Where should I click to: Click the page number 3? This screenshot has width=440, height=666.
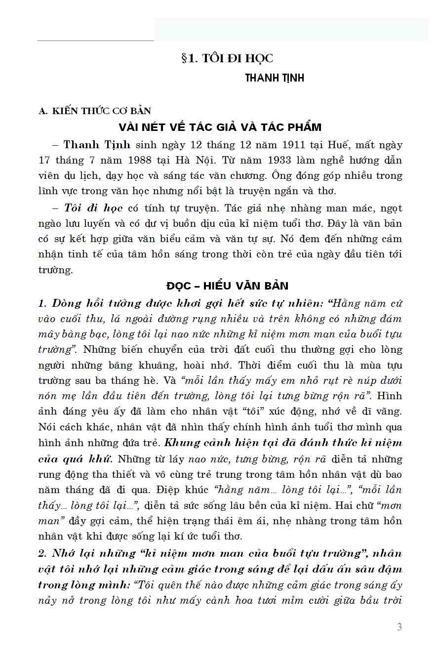(399, 627)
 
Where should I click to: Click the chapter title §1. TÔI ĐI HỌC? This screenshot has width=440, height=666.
(227, 58)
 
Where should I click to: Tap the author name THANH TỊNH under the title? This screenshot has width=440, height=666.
(275, 78)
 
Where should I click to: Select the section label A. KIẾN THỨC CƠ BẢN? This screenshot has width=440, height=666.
(95, 111)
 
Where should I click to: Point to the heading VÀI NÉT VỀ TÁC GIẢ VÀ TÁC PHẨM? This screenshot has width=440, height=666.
(220, 127)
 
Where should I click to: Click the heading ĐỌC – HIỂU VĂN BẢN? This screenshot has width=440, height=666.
(227, 286)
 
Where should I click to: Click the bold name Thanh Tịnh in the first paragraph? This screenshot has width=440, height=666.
(97, 145)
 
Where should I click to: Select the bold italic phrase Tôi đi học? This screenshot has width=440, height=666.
(93, 208)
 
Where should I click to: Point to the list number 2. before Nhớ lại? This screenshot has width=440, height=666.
(42, 553)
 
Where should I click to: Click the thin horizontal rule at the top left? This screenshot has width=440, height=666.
(95, 41)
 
